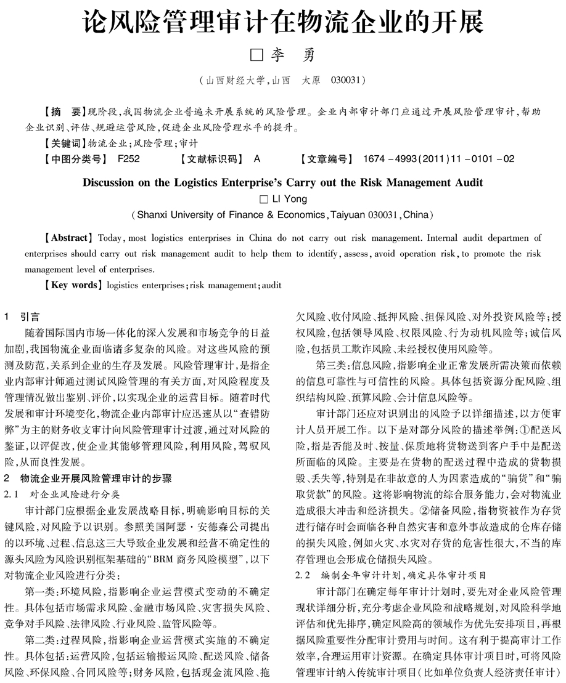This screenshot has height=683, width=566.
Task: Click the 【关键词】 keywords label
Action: (65, 143)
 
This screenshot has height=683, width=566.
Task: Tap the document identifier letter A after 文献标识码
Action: (257, 159)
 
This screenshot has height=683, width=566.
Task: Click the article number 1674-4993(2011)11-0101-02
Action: (438, 159)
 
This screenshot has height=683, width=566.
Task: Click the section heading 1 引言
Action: (22, 317)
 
